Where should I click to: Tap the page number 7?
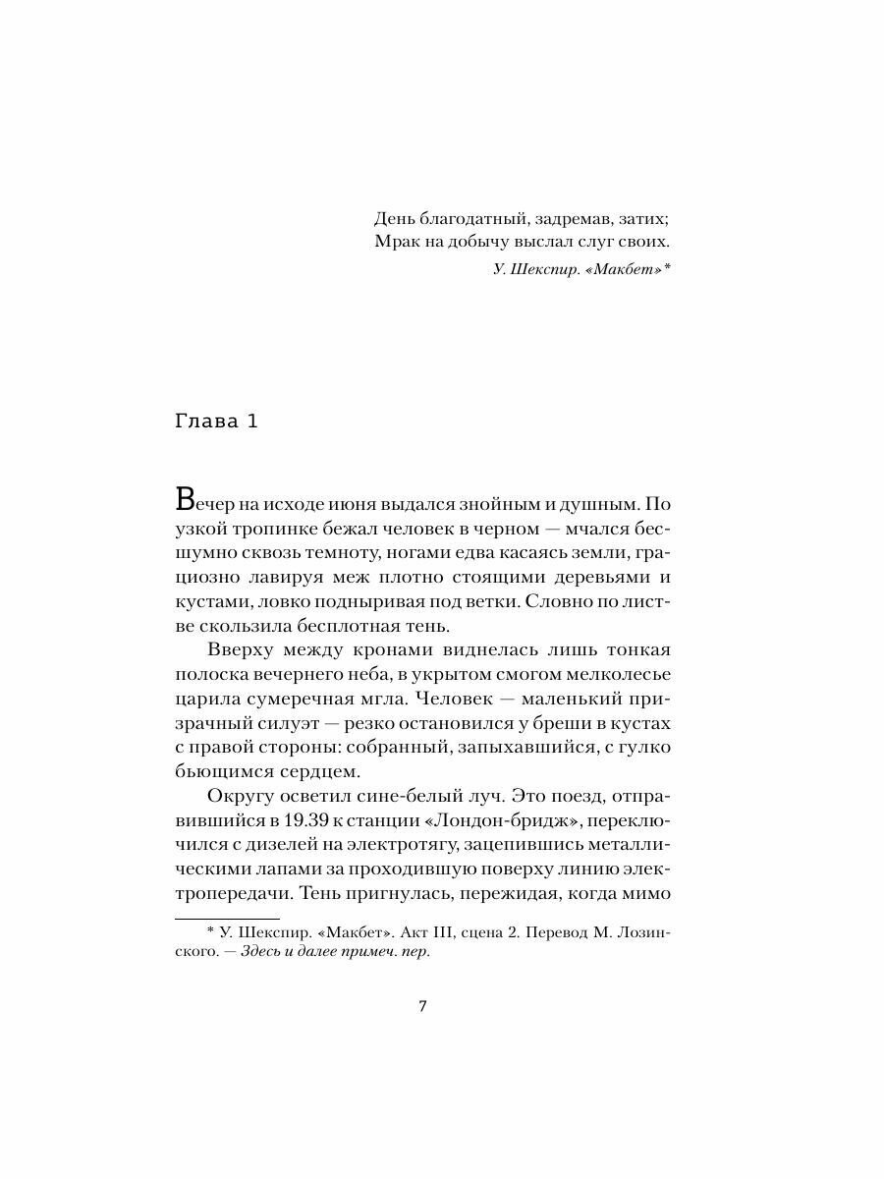coord(422,1005)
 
